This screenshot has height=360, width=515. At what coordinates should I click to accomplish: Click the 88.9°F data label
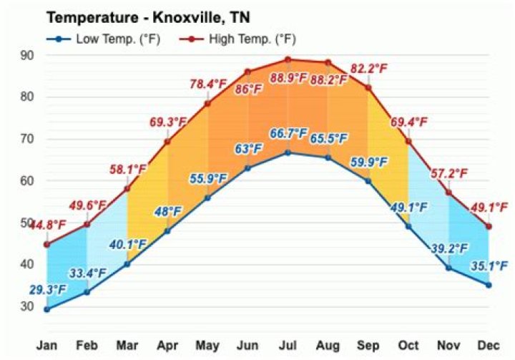pos(288,77)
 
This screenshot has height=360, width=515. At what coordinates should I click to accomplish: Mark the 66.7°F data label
pos(288,134)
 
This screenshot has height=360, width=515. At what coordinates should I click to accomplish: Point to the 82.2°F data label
pos(368,69)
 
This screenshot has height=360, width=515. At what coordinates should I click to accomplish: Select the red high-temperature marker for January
pos(47,245)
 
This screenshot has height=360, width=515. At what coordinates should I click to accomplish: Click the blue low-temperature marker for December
pos(489,285)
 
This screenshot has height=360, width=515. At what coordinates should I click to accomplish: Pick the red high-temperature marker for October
pos(408,141)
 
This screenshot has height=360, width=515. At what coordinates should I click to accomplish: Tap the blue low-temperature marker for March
pos(127,264)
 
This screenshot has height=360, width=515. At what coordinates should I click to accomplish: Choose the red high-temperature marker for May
pos(207,104)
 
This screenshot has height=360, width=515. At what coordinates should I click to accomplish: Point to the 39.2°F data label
pos(448,249)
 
